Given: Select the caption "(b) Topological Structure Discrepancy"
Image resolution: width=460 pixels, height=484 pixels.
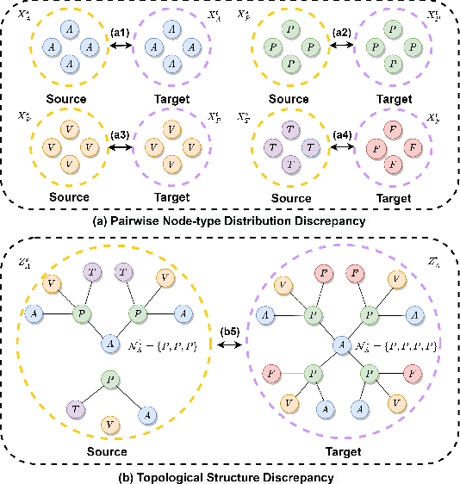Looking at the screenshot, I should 230,472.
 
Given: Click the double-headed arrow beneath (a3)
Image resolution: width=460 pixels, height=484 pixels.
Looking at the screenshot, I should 120,148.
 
